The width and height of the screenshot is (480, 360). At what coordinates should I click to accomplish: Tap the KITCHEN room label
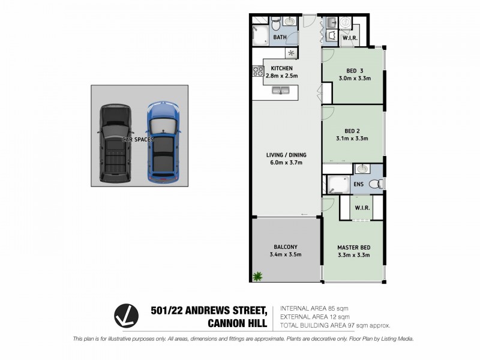(x=281, y=68)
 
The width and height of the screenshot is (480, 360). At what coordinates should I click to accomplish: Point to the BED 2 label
(x=352, y=130)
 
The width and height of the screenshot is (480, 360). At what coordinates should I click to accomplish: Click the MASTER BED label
(x=353, y=247)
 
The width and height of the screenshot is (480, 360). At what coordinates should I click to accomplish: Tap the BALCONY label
(x=285, y=247)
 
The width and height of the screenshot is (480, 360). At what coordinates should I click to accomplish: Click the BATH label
(x=280, y=38)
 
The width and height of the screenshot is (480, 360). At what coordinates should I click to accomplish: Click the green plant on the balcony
(x=258, y=276)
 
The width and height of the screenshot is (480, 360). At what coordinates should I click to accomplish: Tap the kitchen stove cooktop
(x=259, y=71)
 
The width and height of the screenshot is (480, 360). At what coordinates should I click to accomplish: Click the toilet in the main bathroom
(x=275, y=23)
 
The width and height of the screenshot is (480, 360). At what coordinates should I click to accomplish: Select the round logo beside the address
(x=127, y=316)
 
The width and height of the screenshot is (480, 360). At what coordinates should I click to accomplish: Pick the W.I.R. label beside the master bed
(x=362, y=208)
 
